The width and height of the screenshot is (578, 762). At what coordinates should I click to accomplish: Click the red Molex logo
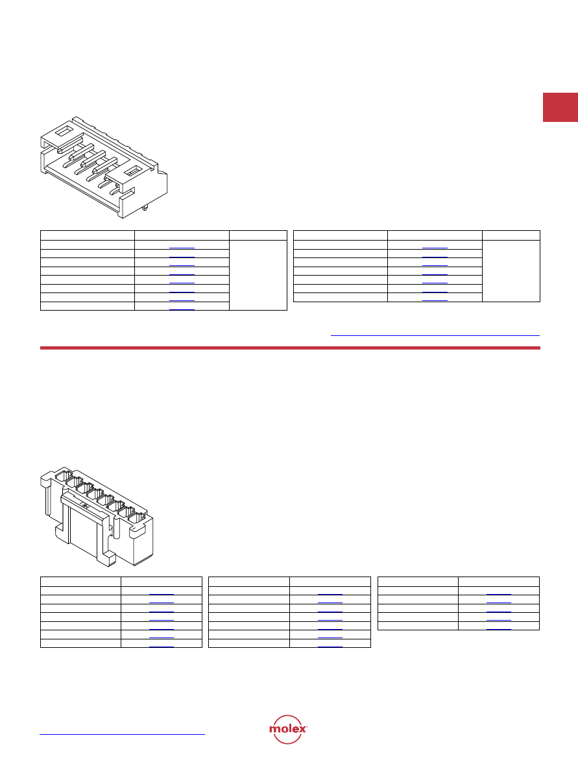(x=288, y=729)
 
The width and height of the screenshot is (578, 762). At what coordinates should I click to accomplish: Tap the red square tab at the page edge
(x=560, y=107)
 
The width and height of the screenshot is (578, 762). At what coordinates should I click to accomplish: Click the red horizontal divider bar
(x=290, y=348)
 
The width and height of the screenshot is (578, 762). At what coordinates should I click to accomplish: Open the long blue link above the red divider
(x=435, y=335)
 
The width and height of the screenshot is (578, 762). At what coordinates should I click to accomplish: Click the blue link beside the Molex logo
(x=122, y=734)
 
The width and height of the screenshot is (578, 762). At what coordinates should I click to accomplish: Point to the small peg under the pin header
(x=145, y=208)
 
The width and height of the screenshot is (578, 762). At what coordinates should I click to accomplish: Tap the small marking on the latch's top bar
(x=85, y=506)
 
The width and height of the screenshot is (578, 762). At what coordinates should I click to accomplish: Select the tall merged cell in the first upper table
(x=258, y=275)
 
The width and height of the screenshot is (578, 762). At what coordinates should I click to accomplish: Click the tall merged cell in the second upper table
(x=511, y=270)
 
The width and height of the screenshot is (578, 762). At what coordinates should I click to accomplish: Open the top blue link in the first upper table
(x=182, y=248)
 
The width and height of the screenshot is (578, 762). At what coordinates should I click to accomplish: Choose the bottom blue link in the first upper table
(x=182, y=309)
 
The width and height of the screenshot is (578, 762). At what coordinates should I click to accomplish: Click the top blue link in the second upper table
(x=435, y=248)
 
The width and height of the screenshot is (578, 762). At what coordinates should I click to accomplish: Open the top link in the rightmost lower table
(x=499, y=594)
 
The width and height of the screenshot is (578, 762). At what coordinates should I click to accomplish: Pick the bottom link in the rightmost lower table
(x=499, y=629)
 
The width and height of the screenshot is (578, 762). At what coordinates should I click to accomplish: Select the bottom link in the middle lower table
(x=330, y=647)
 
